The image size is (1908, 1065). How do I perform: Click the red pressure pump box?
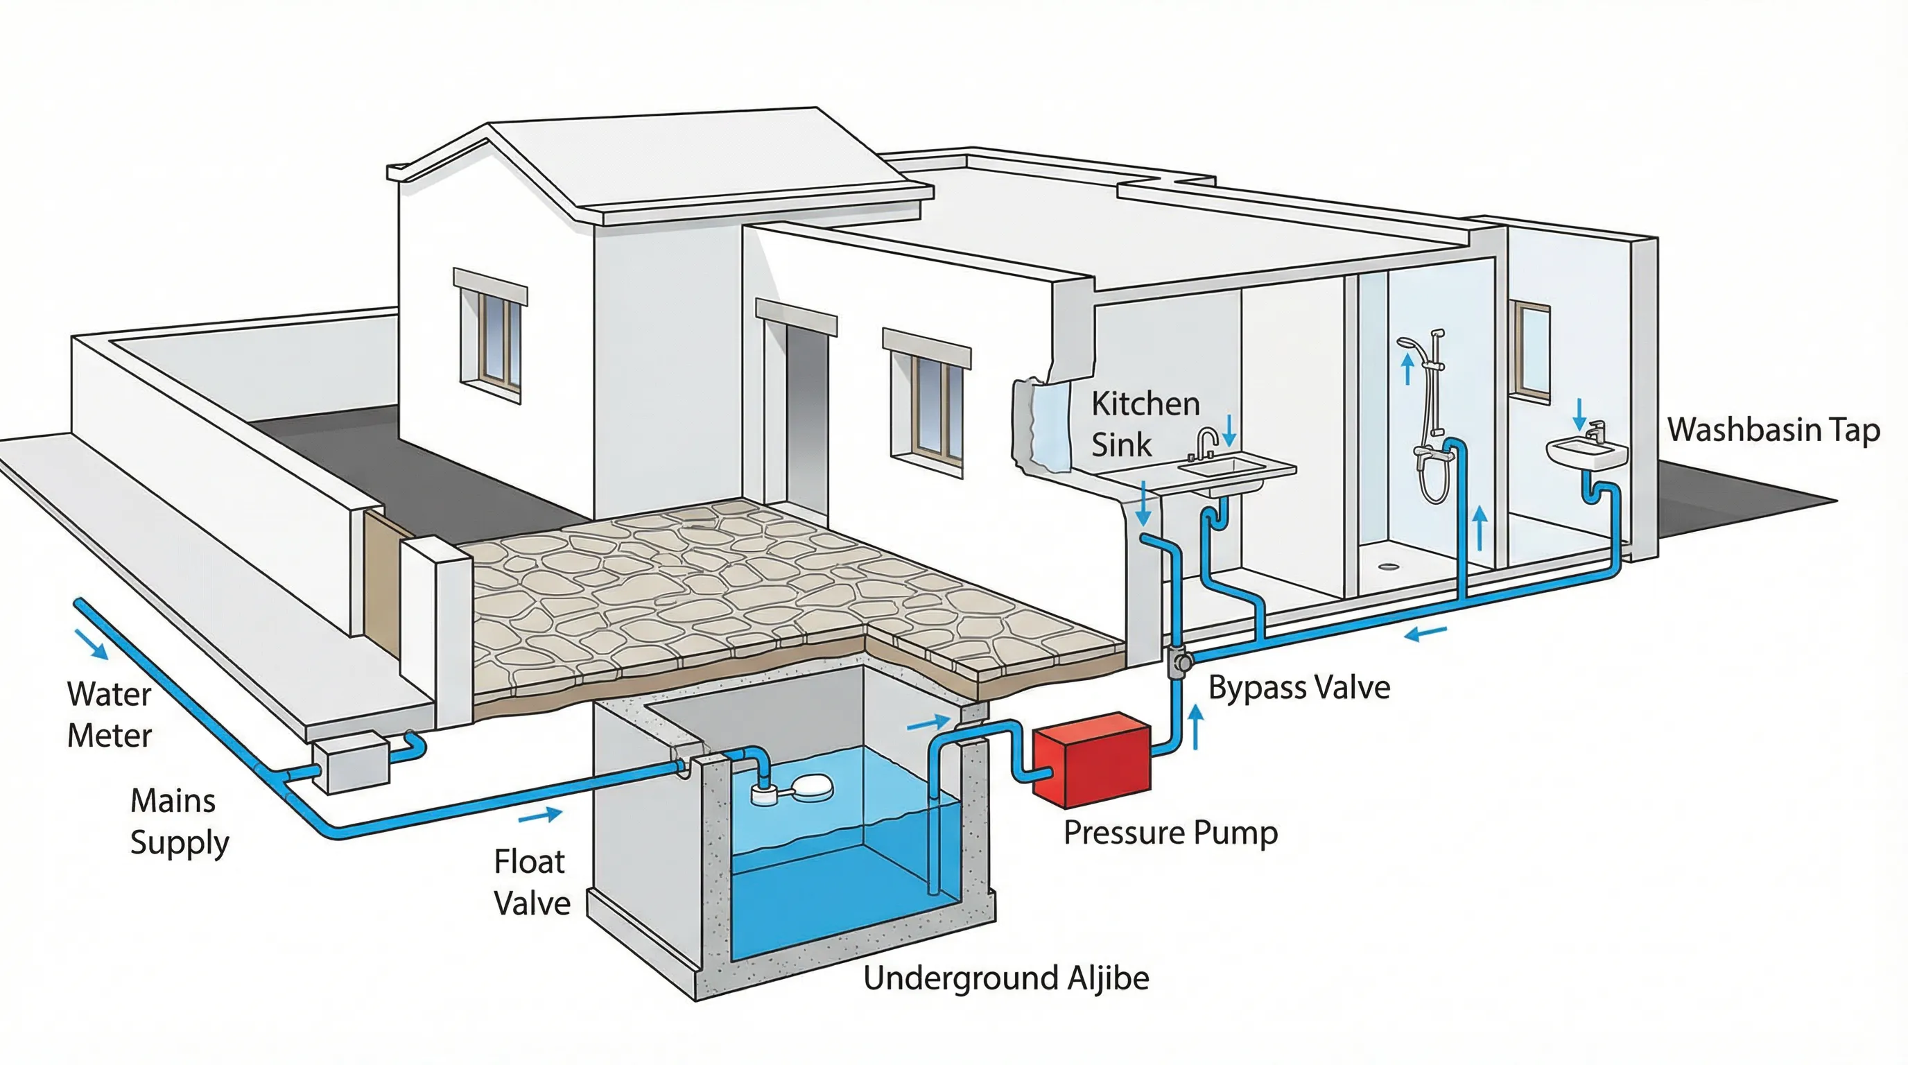point(1092,760)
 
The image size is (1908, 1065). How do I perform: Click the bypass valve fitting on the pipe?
point(1179,661)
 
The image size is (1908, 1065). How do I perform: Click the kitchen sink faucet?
point(1206,442)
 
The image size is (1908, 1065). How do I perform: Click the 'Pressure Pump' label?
point(1170,833)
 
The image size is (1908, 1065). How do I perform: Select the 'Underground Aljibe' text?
point(1006,978)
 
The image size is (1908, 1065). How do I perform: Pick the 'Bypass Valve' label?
point(1299,688)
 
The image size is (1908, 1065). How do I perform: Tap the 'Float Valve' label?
point(531,882)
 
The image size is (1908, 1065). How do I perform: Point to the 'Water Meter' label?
point(109,715)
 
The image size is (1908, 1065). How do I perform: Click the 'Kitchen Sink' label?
point(1145,424)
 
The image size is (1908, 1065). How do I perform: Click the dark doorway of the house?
point(806,419)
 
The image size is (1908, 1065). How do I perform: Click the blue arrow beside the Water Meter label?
point(92,643)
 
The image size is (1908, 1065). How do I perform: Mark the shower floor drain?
point(1388,566)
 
